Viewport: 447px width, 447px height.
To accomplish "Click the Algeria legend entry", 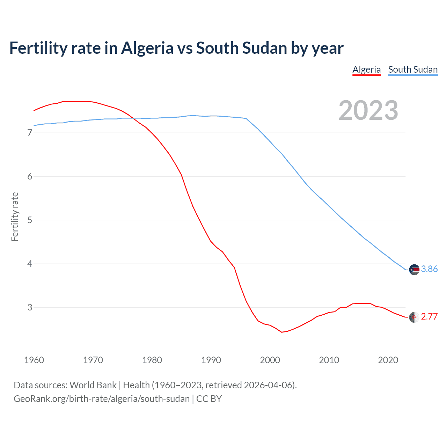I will point(366,69).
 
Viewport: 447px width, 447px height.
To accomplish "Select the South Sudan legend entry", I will point(413,69).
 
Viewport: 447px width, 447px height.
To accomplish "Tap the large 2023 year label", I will point(368,110).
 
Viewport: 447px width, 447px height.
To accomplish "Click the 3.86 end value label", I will point(429,269).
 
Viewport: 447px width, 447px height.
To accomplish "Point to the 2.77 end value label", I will point(429,316).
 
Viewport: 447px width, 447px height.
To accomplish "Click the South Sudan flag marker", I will point(414,270).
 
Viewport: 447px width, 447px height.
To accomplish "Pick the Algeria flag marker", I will point(414,317).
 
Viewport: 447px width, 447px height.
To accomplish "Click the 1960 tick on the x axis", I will point(34,360).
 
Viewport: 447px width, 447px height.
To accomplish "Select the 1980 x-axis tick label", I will point(152,360).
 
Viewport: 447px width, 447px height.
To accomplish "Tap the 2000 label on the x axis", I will point(270,360).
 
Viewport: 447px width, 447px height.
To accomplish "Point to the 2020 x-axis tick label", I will point(388,360).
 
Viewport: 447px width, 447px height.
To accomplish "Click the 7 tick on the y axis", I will point(30,133).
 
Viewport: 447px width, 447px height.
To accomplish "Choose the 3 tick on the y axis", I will point(30,308).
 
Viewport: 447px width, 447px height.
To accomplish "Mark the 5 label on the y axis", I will point(30,220).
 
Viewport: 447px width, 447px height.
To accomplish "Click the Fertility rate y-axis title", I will point(15,217).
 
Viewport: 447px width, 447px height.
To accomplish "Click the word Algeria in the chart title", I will point(147,48).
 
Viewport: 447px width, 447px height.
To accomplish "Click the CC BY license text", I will point(209,399).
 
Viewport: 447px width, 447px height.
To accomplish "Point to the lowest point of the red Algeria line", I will point(282,332).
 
